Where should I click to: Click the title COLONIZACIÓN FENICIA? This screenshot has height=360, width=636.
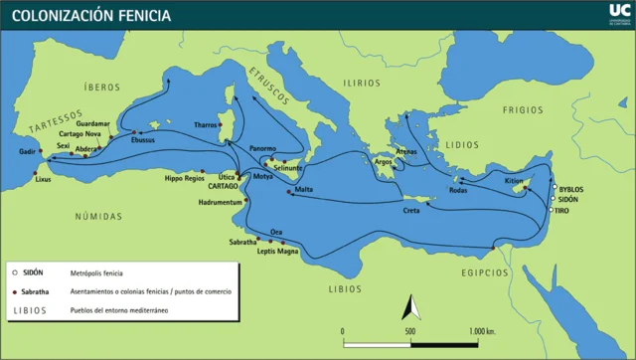click(90, 16)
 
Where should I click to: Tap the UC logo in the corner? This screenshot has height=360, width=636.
click(615, 14)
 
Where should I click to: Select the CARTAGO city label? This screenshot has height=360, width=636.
click(223, 186)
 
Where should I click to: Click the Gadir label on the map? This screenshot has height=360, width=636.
click(27, 152)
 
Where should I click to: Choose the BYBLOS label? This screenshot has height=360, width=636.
click(571, 189)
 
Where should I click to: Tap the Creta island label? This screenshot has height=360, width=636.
click(410, 211)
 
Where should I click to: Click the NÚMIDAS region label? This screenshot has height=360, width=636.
click(97, 216)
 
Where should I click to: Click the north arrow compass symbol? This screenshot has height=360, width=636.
click(405, 307)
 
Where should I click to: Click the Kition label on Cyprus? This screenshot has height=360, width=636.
click(513, 181)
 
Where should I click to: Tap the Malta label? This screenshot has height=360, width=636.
click(304, 189)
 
